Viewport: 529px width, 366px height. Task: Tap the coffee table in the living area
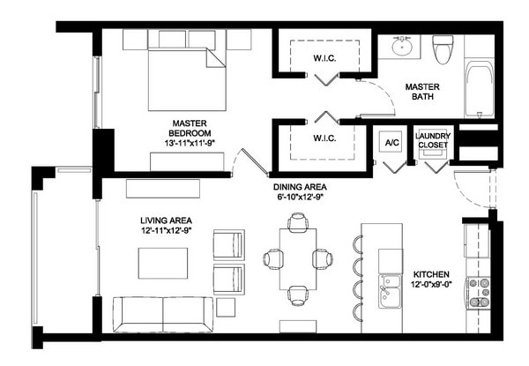click(162, 263)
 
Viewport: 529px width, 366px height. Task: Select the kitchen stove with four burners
click(478, 293)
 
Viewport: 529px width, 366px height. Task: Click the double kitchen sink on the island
click(390, 293)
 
